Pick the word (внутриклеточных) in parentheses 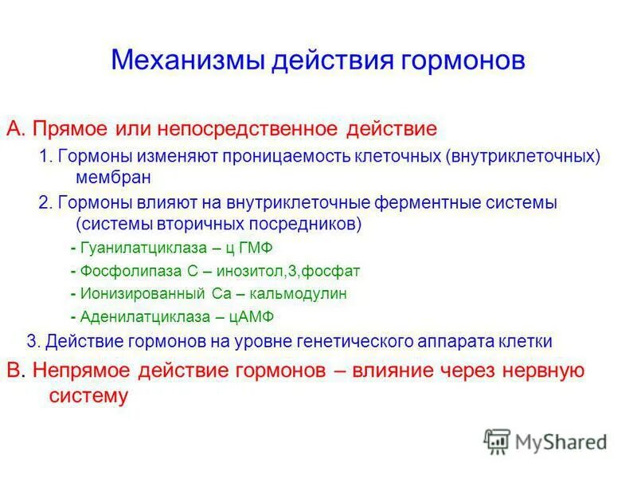coord(522,156)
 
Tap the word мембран coord(113,176)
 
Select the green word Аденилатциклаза coord(139,316)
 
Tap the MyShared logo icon coord(497,441)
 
